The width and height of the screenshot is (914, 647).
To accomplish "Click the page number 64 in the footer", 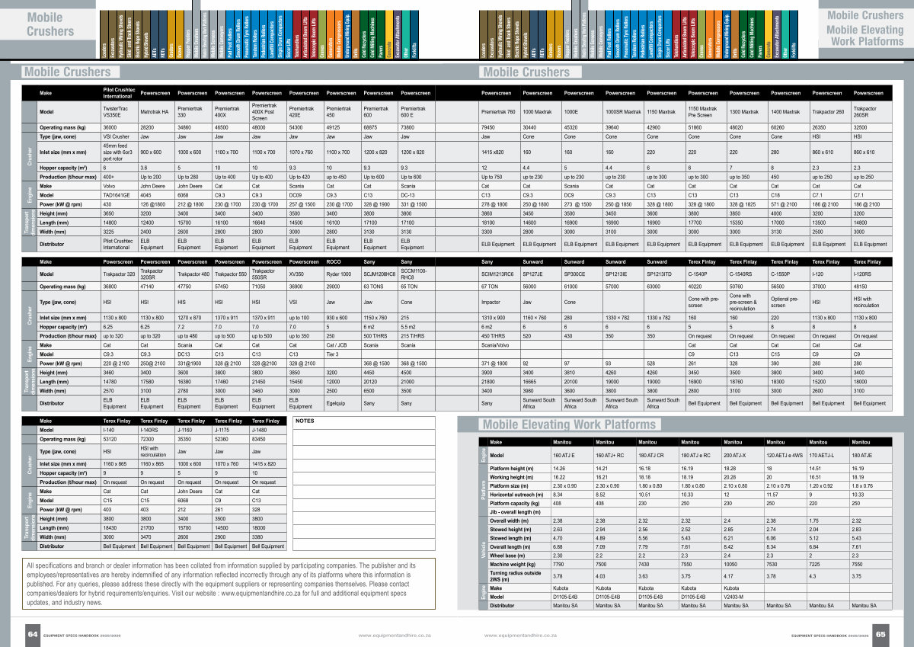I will pos(33,633).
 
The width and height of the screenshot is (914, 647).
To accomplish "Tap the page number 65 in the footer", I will pos(880,633).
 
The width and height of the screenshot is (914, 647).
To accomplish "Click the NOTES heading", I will pos(304,420).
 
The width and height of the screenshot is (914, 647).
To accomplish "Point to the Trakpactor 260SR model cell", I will pos(867,112).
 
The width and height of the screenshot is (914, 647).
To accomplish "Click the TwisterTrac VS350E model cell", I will pos(117,112).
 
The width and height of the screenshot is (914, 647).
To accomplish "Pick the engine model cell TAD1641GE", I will pos(117,194).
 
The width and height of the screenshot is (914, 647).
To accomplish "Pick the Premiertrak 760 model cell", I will pos(498,112).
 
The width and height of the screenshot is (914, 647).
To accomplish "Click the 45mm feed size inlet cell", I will pos(118,152).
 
